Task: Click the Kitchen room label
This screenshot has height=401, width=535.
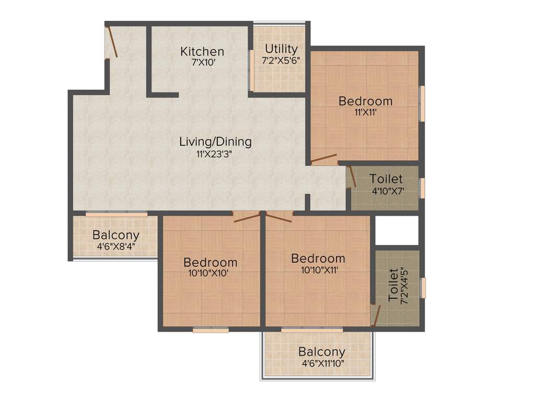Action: (x=202, y=51)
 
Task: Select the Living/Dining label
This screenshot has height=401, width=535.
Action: (x=215, y=141)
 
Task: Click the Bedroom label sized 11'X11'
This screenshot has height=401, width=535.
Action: (x=365, y=101)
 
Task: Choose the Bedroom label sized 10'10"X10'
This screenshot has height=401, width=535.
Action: (x=210, y=262)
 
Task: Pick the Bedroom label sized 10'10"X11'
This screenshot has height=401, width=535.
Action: (x=318, y=258)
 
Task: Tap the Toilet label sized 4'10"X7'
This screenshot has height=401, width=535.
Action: (x=386, y=179)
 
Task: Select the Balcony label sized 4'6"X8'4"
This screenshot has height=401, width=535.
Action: (x=115, y=235)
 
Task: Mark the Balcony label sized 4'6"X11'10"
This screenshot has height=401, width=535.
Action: (x=321, y=351)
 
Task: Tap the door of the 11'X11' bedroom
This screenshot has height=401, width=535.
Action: (x=324, y=159)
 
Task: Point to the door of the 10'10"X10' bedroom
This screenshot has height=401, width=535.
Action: (x=247, y=217)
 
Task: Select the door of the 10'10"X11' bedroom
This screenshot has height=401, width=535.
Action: (x=279, y=217)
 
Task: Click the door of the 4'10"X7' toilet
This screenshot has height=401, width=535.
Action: (x=352, y=177)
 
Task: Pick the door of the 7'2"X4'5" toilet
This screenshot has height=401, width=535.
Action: (x=375, y=315)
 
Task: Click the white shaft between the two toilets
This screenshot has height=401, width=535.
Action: (x=397, y=230)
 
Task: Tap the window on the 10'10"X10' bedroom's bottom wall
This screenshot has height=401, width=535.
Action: (x=211, y=330)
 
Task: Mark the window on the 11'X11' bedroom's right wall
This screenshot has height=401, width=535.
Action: (x=423, y=103)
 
